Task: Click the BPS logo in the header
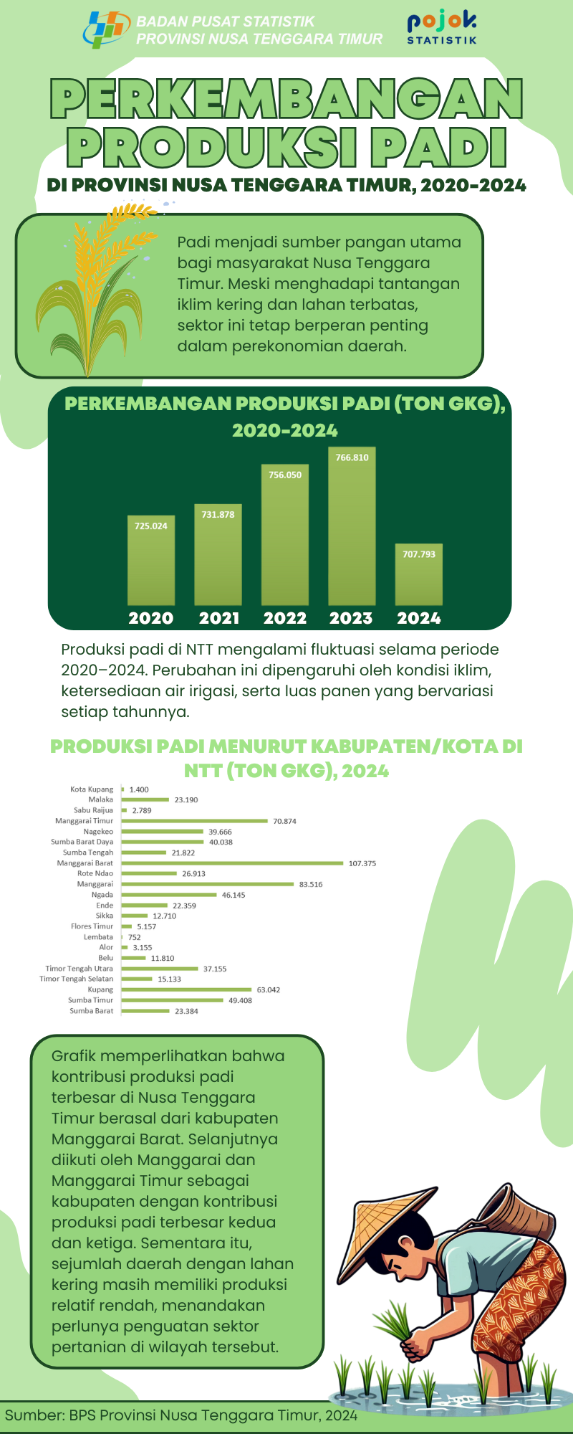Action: coord(107,29)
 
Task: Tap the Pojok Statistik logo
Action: coord(441,28)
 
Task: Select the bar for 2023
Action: coord(352,527)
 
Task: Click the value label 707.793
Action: coord(419,554)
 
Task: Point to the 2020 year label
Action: coord(150,618)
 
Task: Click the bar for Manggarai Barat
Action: coord(233,863)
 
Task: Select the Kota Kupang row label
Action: coord(92,789)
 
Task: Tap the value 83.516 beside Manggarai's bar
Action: coord(311,885)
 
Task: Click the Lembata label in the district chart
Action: coord(98,937)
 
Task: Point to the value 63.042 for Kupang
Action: coord(269,990)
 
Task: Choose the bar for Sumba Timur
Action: coord(173,1000)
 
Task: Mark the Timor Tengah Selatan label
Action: coord(77,979)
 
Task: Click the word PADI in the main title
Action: coord(439,147)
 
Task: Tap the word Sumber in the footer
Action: coord(33,1415)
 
